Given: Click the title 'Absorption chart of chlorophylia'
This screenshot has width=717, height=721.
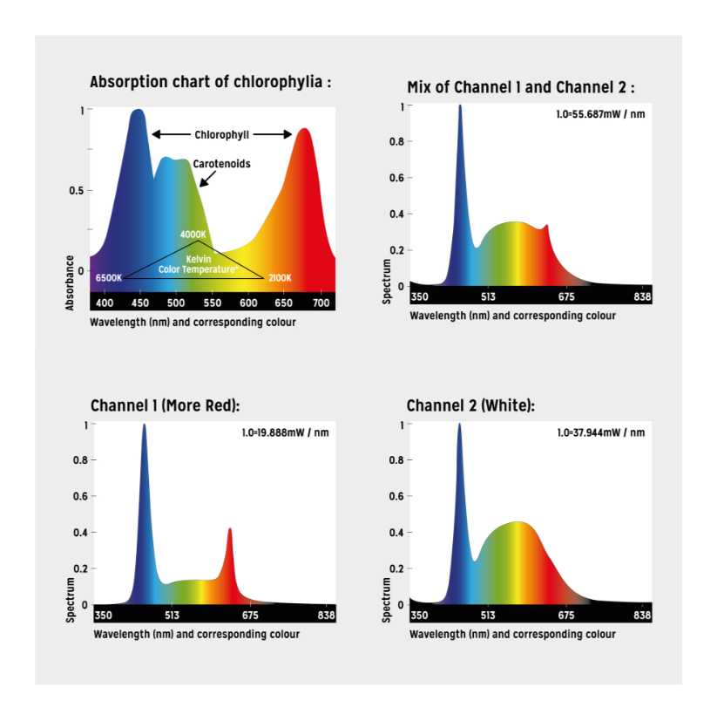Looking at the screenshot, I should coord(211,83).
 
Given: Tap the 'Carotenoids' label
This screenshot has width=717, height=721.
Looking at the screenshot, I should coord(221,163).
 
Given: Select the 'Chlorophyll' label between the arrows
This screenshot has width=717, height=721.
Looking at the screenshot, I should coord(221,135).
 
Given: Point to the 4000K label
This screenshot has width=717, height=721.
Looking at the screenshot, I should coord(193,235).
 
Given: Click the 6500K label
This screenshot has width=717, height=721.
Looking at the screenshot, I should coord(109,277).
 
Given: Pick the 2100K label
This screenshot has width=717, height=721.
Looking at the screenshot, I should coord(280,277).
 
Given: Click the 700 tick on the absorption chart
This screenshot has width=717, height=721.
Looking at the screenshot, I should coord(321,303).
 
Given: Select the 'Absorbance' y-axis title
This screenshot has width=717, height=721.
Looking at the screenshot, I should coord(71,282).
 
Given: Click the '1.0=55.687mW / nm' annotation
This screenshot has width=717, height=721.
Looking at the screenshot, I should coord(601,114).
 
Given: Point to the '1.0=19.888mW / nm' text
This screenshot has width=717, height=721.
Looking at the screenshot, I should coord(285,432).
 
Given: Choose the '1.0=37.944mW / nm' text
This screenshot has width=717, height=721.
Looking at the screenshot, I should coord(601,432).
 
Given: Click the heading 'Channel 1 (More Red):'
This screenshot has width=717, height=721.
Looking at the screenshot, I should coord(165,406).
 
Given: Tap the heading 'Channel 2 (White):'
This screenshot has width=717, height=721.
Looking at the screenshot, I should coord(470,406).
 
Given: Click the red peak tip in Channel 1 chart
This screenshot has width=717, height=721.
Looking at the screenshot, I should coord(230,528).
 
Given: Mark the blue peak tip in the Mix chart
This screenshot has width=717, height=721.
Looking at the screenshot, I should coord(460,106).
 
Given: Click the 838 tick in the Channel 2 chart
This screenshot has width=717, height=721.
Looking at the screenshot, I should coord(642,616).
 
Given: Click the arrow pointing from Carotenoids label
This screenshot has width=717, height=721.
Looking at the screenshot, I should coord(206,179).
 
